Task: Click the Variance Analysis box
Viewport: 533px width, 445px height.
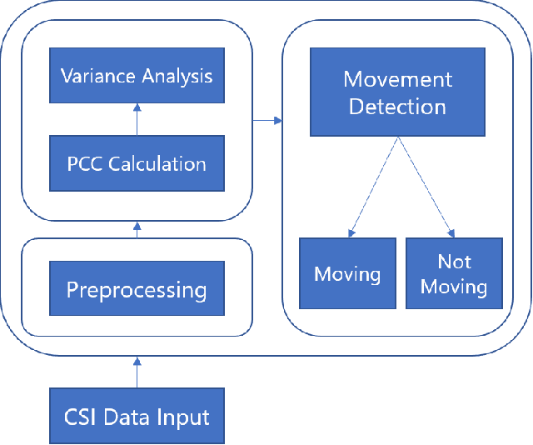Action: click(137, 76)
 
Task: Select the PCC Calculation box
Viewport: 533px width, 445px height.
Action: click(137, 162)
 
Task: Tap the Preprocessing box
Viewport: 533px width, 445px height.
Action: click(137, 289)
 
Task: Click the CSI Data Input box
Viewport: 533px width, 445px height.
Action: click(137, 415)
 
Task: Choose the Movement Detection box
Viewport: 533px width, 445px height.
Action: click(397, 92)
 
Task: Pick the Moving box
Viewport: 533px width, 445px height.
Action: click(347, 274)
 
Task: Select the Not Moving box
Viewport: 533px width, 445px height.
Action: click(454, 274)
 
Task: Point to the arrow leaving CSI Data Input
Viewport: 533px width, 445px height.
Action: click(137, 372)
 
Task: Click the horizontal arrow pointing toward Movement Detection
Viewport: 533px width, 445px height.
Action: click(266, 122)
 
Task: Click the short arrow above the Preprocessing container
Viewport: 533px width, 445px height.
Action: click(137, 230)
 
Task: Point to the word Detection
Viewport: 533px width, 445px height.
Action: click(397, 107)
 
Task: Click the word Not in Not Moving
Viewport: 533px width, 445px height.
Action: click(454, 262)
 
